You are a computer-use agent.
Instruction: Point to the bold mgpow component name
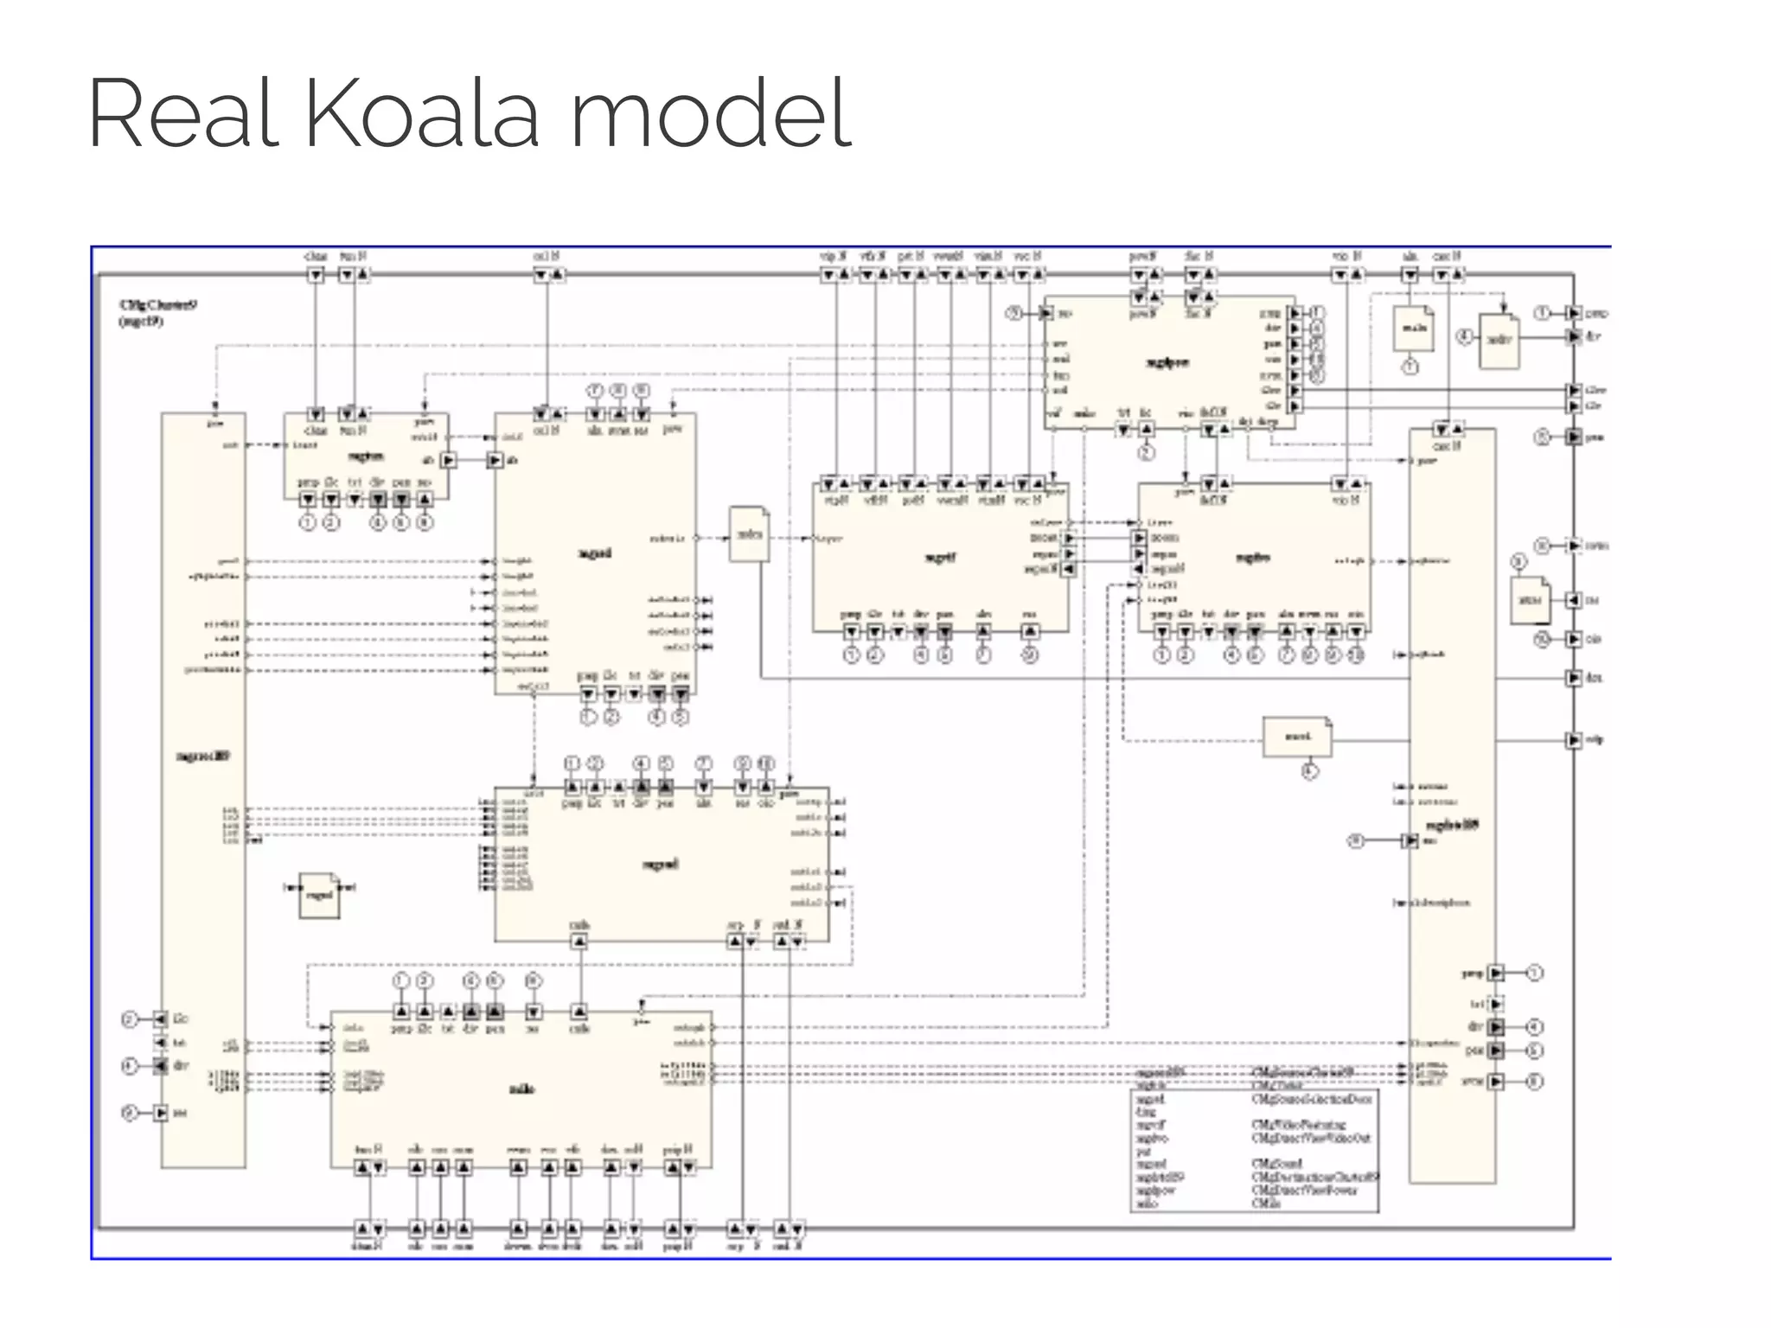tap(1167, 363)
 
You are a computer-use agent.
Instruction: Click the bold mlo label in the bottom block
tap(521, 1089)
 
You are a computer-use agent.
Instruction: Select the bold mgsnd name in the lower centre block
tap(661, 864)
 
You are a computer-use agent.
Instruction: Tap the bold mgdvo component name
tap(1252, 558)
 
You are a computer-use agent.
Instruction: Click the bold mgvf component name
tap(941, 558)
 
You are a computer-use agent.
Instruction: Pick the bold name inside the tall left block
tap(203, 757)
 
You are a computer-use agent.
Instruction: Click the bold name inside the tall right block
tap(1452, 825)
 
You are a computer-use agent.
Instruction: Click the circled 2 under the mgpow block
tap(1146, 452)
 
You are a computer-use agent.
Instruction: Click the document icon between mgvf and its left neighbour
tap(749, 534)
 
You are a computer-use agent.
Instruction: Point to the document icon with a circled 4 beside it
tap(1499, 341)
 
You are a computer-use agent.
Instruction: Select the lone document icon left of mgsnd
tap(319, 895)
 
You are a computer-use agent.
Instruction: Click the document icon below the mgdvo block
tap(1297, 737)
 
